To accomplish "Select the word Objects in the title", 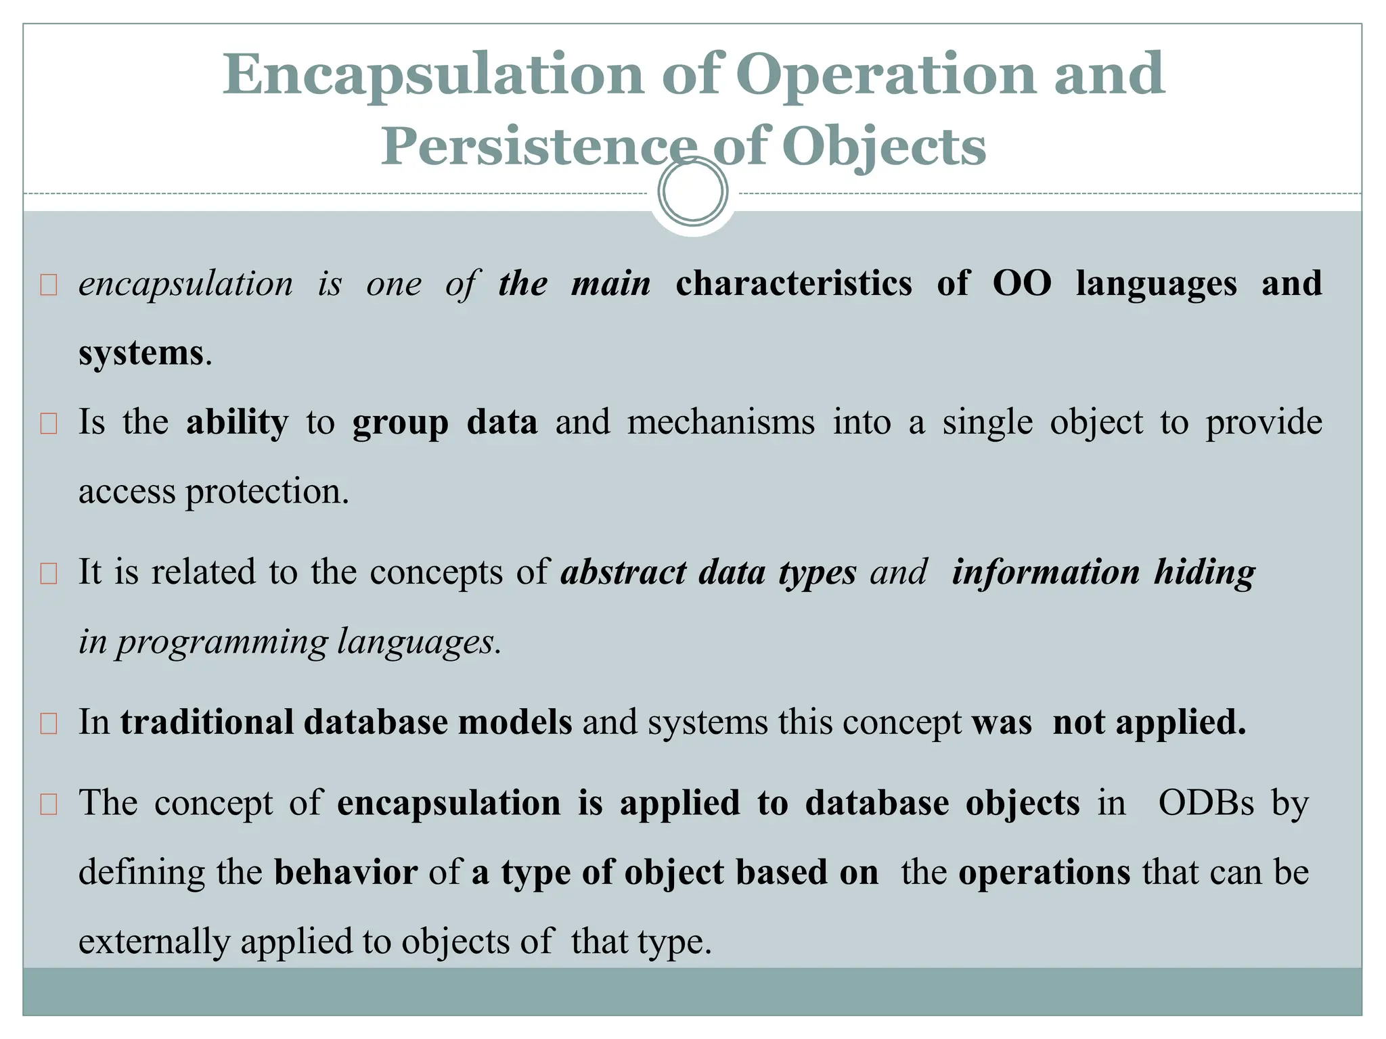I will click(884, 147).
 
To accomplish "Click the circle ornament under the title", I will click(693, 191).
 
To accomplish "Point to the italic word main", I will click(610, 283).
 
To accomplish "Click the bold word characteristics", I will click(793, 283).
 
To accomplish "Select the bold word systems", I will click(141, 353).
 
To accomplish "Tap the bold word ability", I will click(237, 423).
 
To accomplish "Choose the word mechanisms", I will click(721, 423).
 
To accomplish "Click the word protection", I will click(267, 492).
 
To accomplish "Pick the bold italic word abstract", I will click(623, 572).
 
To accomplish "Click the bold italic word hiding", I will click(1205, 572).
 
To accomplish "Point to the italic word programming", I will click(222, 642).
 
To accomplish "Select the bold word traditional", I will click(206, 722).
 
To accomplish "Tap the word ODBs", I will click(1206, 804).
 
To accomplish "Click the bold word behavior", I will click(346, 873).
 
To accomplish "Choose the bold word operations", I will click(1044, 873).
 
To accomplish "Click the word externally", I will click(154, 942).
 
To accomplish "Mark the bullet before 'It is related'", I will click(49, 574).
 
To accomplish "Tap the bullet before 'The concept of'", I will click(49, 804).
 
